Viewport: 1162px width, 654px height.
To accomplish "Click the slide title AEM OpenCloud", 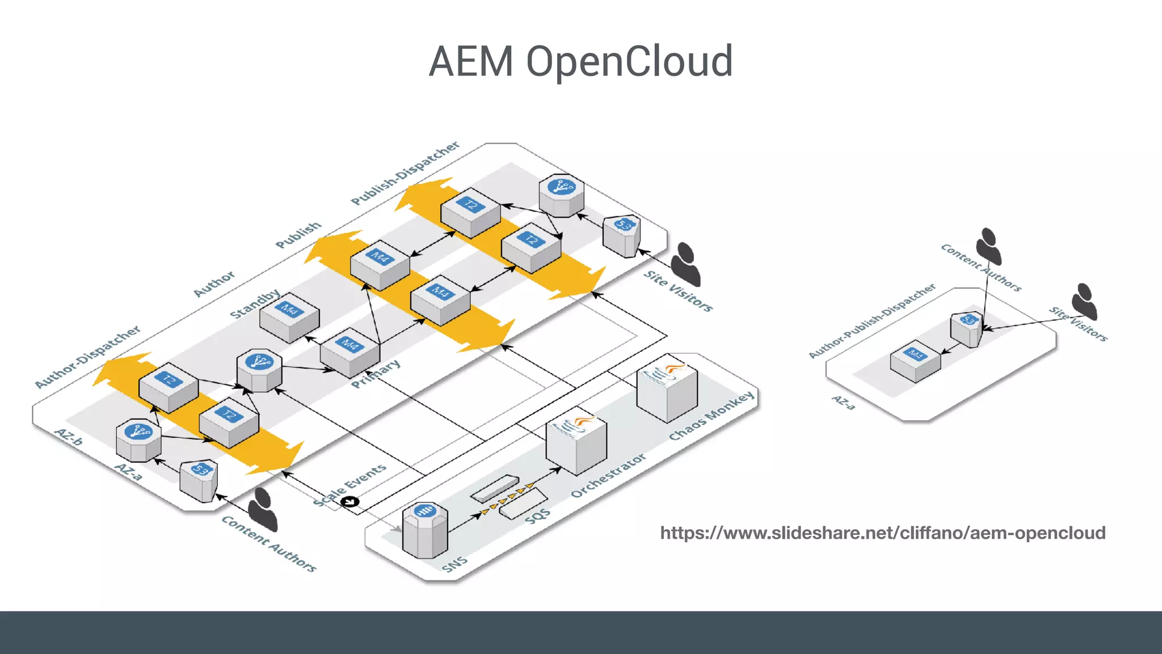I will point(580,61).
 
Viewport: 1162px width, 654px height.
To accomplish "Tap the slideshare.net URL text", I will point(882,533).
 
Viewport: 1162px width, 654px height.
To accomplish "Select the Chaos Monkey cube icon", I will point(667,389).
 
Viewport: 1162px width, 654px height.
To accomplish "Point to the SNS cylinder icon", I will point(425,530).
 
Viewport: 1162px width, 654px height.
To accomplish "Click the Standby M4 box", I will point(289,317).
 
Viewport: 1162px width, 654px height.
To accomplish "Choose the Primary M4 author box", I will point(350,352).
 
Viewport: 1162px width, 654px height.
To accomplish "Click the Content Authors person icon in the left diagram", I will point(263,509).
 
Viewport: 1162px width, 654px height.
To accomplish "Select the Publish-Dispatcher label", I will point(405,173).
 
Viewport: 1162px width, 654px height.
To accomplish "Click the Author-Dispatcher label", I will point(87,357).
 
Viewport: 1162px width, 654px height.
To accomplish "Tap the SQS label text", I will point(537,517).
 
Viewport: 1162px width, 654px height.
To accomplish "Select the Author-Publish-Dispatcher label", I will point(872,321).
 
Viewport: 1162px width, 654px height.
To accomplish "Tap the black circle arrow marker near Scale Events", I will point(351,501).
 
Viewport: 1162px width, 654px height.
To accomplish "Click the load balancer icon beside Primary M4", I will point(259,370).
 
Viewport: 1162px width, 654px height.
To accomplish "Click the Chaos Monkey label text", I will point(711,415).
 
